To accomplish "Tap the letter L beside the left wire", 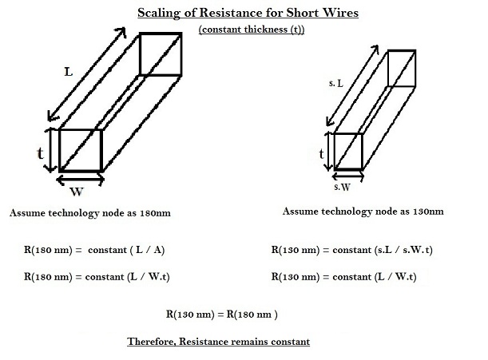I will (x=69, y=72).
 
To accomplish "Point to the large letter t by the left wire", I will (x=39, y=152).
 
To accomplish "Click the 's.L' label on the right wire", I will (x=336, y=83).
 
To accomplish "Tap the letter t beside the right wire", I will (x=321, y=152).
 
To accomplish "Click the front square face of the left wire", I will (x=80, y=149).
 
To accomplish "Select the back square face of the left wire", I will (x=161, y=54).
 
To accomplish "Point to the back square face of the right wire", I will (x=402, y=67).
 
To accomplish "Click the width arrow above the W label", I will (x=80, y=180).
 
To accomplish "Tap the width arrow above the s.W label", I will (x=347, y=176).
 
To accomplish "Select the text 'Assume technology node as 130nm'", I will (x=363, y=212).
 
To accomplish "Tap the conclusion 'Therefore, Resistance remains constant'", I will (x=218, y=342).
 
